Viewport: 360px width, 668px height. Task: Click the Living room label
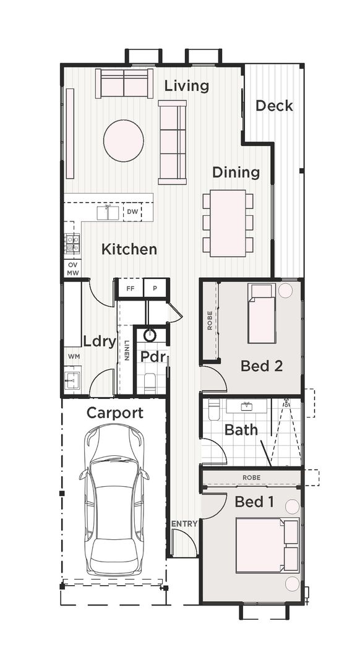(x=186, y=86)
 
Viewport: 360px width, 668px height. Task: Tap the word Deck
(x=274, y=106)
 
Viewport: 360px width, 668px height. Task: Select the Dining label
(x=236, y=172)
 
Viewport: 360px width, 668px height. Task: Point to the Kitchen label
(x=129, y=249)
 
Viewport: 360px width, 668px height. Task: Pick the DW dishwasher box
(x=132, y=212)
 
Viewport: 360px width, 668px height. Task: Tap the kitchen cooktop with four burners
(x=72, y=243)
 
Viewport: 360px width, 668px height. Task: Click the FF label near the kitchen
(x=131, y=288)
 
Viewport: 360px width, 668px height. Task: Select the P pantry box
(x=155, y=288)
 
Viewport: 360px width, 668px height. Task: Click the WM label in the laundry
(x=73, y=357)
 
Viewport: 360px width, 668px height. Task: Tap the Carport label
(x=114, y=413)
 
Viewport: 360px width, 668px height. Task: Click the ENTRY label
(x=184, y=523)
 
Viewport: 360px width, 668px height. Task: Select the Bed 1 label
(x=254, y=502)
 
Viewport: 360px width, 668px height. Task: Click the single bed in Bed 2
(x=262, y=313)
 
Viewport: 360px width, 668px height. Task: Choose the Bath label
(x=241, y=429)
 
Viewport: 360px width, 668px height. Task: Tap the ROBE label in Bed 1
(x=251, y=477)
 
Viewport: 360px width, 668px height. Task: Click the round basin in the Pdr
(x=150, y=335)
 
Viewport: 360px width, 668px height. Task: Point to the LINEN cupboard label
(x=126, y=350)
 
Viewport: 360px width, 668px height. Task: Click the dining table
(x=228, y=223)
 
